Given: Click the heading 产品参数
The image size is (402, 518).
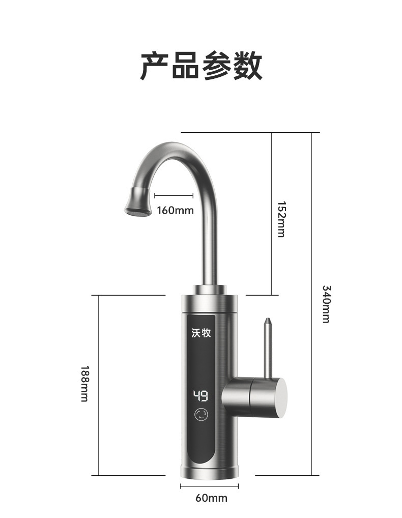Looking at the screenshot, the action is (x=201, y=66).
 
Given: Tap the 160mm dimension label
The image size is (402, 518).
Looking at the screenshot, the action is (x=175, y=210).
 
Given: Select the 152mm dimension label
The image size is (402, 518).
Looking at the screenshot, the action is (x=281, y=219).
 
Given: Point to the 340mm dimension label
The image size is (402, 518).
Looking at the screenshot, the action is (x=326, y=304).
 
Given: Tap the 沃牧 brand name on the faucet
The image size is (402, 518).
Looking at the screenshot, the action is (x=201, y=333).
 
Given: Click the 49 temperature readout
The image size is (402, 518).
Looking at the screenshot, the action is (x=200, y=396).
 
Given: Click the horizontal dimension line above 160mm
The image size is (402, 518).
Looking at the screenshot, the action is (x=174, y=195).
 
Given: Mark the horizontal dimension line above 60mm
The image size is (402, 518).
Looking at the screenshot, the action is (x=209, y=486).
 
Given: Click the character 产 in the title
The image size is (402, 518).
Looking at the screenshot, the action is (x=155, y=66).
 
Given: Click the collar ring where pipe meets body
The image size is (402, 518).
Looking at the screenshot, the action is (x=209, y=290).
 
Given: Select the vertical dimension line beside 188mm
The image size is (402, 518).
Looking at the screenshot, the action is (x=98, y=385).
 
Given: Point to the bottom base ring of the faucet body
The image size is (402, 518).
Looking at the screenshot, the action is (x=209, y=470).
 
